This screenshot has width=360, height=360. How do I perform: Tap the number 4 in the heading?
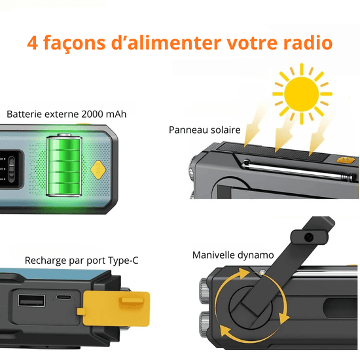(x=32, y=43)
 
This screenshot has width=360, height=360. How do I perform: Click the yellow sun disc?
(x=302, y=94)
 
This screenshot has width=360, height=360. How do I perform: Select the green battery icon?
(x=64, y=166)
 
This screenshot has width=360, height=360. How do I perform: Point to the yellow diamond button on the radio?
(x=98, y=170)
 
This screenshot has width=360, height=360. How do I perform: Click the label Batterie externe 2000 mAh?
(x=67, y=114)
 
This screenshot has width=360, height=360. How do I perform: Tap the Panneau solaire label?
(x=205, y=130)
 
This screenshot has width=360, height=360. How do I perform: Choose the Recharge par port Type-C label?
(x=82, y=261)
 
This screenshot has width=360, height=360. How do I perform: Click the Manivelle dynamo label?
(x=233, y=255)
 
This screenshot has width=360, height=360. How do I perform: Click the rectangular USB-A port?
(x=31, y=300)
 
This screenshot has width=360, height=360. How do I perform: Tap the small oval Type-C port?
(x=64, y=297)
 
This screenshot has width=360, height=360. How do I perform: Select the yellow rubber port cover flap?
(x=114, y=308)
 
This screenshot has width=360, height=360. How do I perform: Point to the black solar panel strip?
(x=273, y=151)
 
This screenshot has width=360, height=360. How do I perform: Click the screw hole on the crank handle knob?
(x=309, y=237)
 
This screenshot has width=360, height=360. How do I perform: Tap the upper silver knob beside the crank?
(x=204, y=291)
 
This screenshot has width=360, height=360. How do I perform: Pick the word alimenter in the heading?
(x=166, y=43)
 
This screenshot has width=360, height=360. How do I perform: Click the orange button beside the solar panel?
(x=344, y=160)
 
